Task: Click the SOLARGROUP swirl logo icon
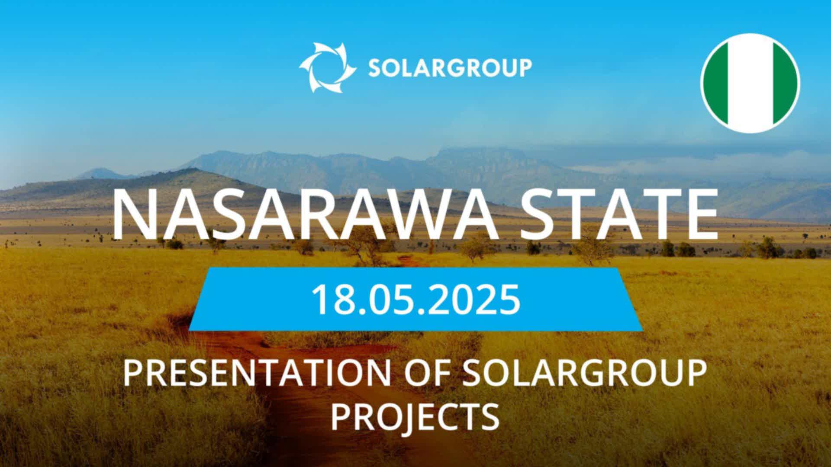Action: pos(328,67)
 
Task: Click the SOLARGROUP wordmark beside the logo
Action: pos(450,68)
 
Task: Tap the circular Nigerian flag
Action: pos(750,83)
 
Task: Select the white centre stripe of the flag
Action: pos(750,83)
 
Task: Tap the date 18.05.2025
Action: pos(415,299)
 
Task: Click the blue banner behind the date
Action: pos(415,299)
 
